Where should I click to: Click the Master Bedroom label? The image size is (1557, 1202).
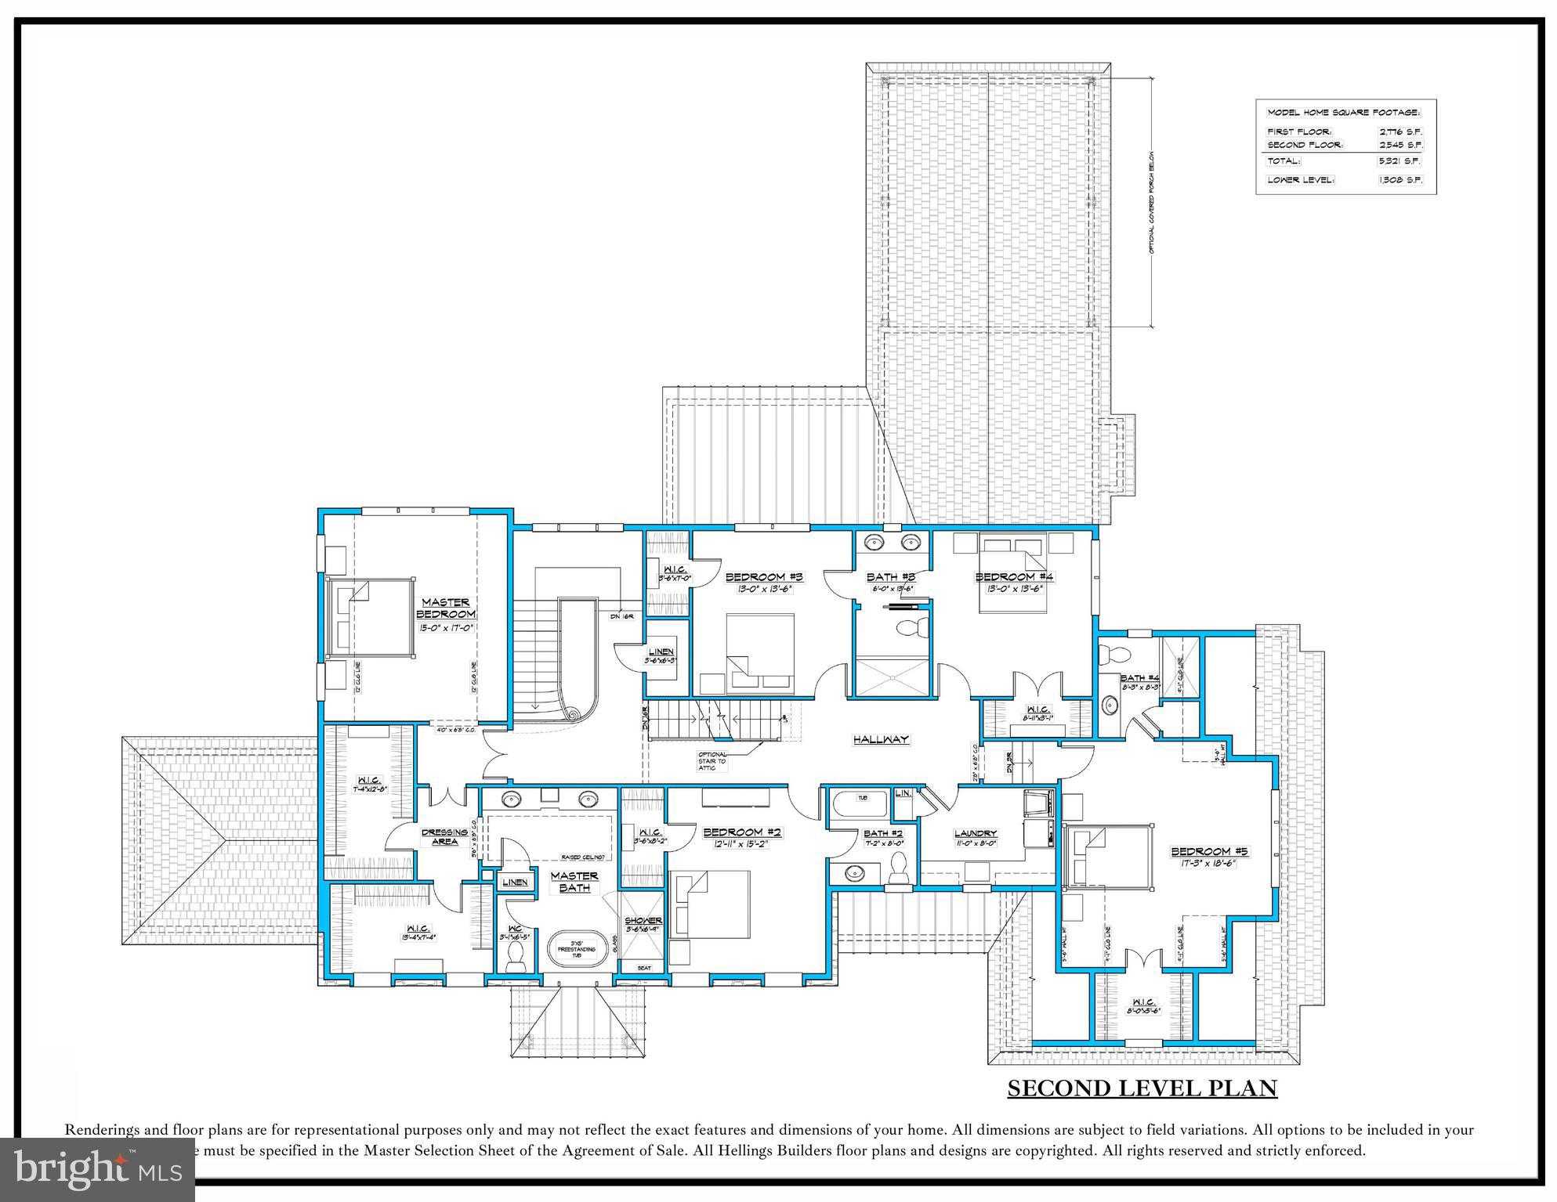click(445, 608)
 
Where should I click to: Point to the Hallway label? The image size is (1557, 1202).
click(881, 738)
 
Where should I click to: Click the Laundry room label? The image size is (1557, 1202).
click(975, 833)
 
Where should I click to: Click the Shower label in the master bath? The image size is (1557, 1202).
click(643, 920)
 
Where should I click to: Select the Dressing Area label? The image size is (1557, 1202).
click(444, 836)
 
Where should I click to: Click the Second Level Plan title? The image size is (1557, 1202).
click(1142, 1088)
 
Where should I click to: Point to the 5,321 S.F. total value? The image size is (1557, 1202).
click(1400, 161)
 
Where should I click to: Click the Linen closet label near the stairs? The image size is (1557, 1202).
click(661, 652)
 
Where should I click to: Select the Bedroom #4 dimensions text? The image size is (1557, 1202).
click(1014, 589)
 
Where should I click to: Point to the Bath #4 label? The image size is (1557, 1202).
click(1139, 678)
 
